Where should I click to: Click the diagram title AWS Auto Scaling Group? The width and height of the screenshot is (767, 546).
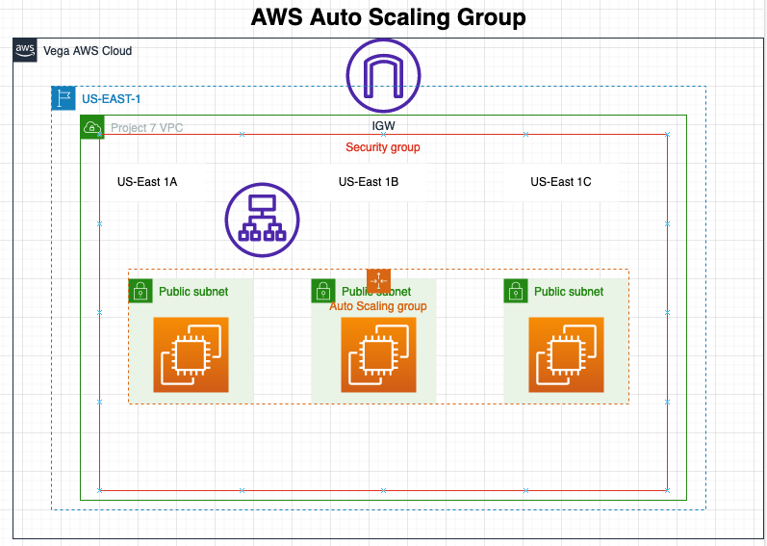pos(388,17)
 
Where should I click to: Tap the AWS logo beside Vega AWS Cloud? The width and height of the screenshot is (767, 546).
pos(25,50)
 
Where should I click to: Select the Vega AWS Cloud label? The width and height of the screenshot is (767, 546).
pos(88,51)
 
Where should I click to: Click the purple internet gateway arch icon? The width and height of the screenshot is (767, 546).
pos(383,75)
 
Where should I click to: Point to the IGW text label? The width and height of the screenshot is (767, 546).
pos(383,126)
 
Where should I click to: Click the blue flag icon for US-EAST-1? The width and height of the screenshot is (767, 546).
pos(64,98)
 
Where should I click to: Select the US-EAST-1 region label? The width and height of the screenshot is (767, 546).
pos(112,98)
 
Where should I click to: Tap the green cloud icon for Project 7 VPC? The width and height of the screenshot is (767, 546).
pos(92,127)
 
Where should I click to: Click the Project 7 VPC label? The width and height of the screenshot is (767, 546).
pos(146,127)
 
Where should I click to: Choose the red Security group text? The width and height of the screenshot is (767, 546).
pos(383,147)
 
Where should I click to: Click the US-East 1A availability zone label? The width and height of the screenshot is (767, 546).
pos(147,181)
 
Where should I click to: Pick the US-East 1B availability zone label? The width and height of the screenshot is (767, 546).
pos(369,181)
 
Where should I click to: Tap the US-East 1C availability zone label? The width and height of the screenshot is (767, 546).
pos(561,181)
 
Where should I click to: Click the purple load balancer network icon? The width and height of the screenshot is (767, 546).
pos(263,220)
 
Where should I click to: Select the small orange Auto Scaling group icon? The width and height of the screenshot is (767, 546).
pos(378,280)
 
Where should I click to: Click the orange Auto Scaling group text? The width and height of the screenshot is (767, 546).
pos(378,306)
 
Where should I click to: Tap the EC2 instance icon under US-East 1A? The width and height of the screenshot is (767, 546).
pos(191,354)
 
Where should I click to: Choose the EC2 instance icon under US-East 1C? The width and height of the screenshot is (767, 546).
pos(566,354)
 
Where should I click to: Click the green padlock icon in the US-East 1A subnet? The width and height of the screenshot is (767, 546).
pos(141,291)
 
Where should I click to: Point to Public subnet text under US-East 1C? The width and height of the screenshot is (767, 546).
pos(569,292)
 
